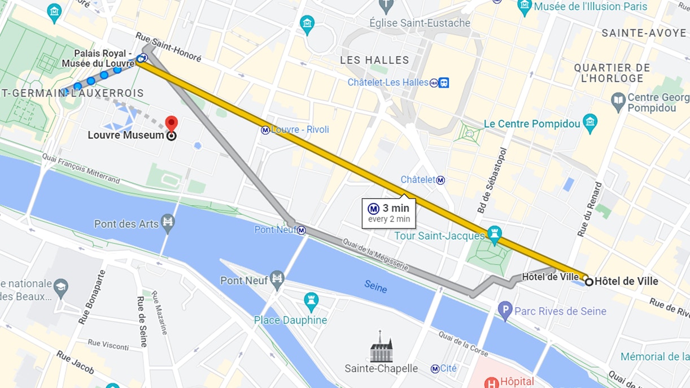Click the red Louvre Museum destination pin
pyautogui.click(x=171, y=123)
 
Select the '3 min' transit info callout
pyautogui.click(x=388, y=213)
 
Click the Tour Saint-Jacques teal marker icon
pyautogui.click(x=495, y=234)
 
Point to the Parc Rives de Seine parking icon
pyautogui.click(x=505, y=310)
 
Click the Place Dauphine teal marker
pyautogui.click(x=311, y=302)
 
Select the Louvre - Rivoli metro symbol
pyautogui.click(x=265, y=130)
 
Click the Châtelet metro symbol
pyautogui.click(x=440, y=180)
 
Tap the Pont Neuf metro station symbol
pyautogui.click(x=302, y=230)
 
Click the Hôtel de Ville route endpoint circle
pyautogui.click(x=589, y=281)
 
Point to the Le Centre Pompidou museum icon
pyautogui.click(x=590, y=122)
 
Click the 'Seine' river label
pyautogui.click(x=375, y=286)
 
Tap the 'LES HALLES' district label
pyautogui.click(x=374, y=60)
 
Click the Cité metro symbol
pyautogui.click(x=434, y=369)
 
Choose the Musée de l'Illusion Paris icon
pyautogui.click(x=525, y=7)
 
